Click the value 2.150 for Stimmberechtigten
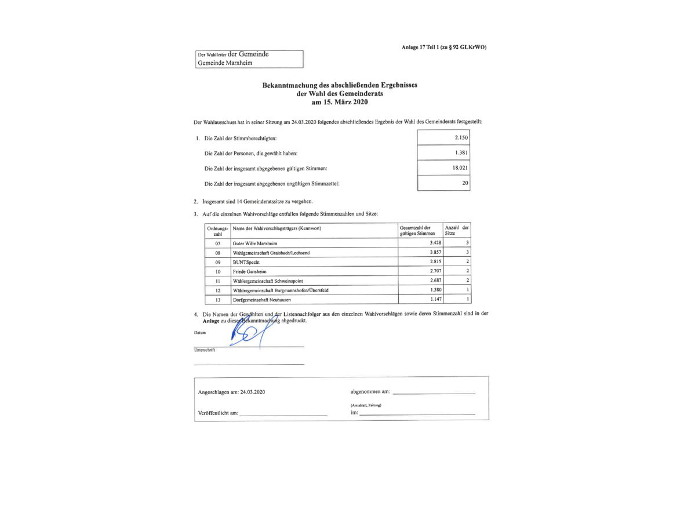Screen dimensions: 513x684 (461, 137)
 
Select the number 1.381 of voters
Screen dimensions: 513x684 (461, 153)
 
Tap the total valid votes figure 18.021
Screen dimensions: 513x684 (460, 168)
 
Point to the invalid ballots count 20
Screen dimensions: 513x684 (465, 183)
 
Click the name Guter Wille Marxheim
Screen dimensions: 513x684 (254, 243)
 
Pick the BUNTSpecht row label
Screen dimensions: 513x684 (246, 262)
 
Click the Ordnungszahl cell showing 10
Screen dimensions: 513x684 (217, 271)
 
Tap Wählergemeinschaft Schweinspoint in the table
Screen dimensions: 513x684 (268, 281)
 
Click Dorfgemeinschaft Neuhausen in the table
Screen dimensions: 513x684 (261, 299)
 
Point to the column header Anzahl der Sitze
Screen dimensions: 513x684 (457, 230)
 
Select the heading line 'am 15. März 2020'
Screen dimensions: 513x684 (340, 101)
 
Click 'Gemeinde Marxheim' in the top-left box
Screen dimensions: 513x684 (225, 63)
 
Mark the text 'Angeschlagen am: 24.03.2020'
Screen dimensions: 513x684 (231, 392)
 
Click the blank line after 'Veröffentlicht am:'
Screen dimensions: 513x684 (283, 414)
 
